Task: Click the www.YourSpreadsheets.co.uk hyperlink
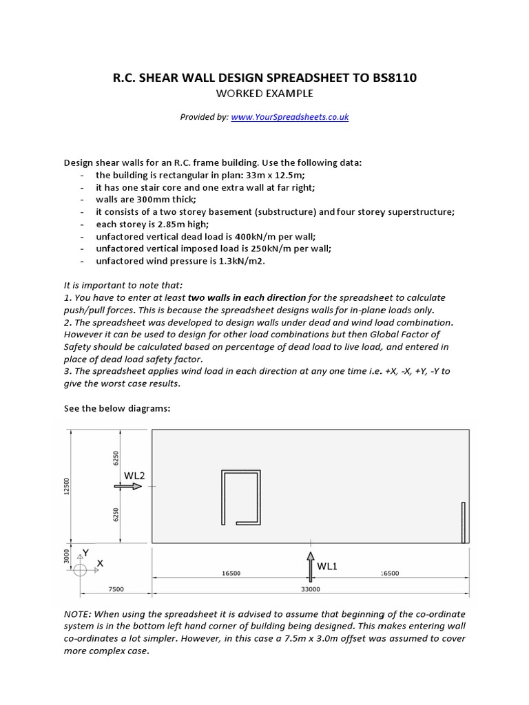[x=290, y=117]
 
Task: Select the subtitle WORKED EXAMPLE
[x=264, y=94]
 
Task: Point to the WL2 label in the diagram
[x=134, y=475]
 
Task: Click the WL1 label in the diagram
[x=327, y=566]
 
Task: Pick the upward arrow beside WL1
[x=311, y=563]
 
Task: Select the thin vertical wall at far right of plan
[x=464, y=522]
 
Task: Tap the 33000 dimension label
[x=311, y=589]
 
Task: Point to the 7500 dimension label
[x=116, y=589]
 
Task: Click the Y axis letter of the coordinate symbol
[x=85, y=553]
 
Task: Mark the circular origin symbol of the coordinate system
[x=80, y=569]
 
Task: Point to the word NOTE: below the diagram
[x=78, y=613]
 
